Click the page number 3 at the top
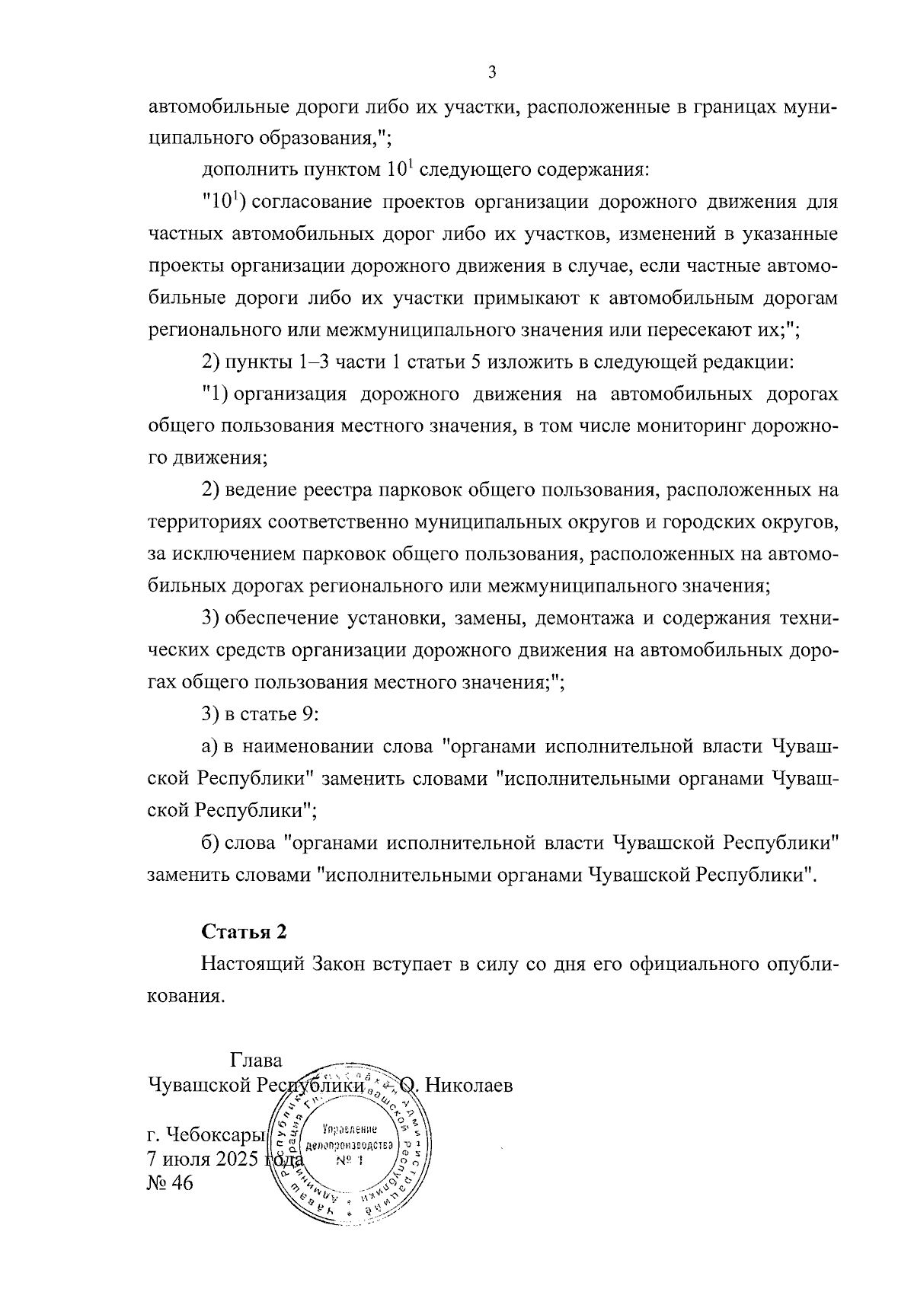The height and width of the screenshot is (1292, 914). point(491,73)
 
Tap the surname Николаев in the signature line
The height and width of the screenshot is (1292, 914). point(468,1084)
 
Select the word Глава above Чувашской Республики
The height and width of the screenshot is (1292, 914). point(255,1061)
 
